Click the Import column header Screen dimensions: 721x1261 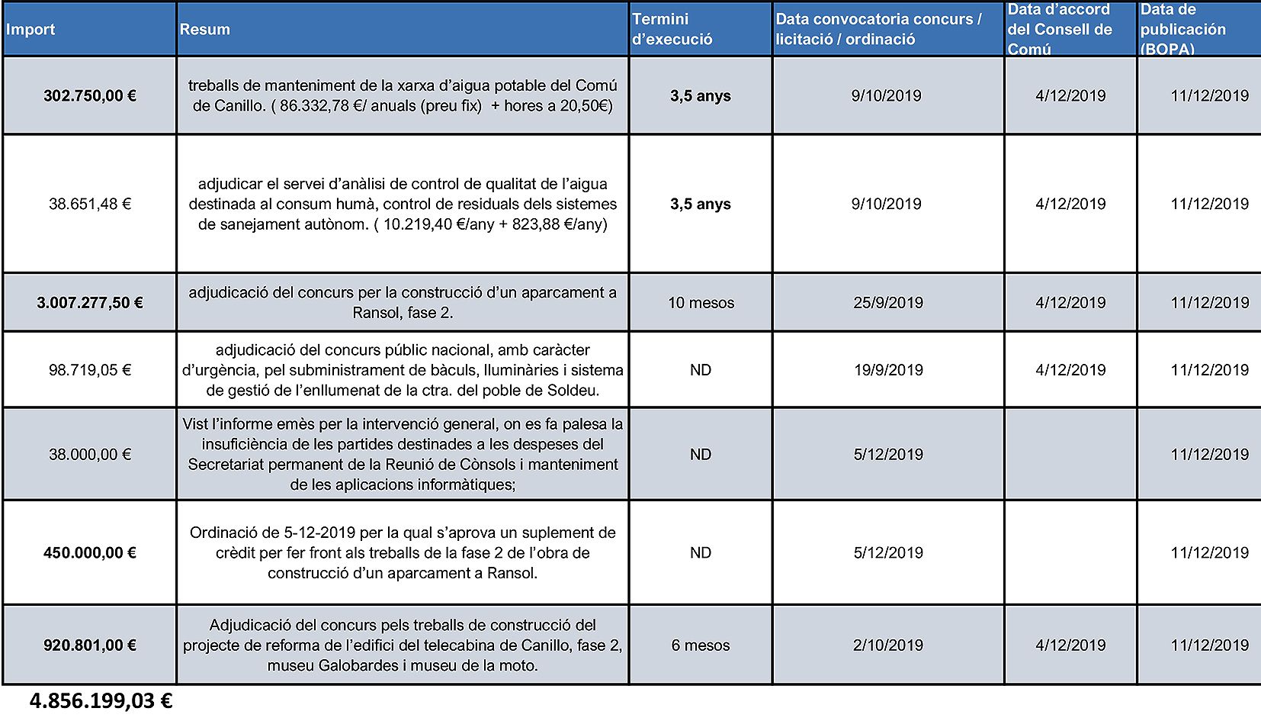coord(30,30)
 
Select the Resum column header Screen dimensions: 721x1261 coord(204,30)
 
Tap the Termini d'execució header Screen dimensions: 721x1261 coord(672,30)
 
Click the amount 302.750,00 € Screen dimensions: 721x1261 coord(90,96)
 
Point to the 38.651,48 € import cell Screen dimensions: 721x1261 coord(90,204)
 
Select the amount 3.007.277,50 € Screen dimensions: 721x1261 coord(90,303)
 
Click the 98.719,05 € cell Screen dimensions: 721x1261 coord(90,370)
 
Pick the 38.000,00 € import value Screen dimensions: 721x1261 coord(90,455)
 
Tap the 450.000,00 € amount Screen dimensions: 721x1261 coord(90,553)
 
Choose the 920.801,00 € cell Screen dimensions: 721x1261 coord(90,645)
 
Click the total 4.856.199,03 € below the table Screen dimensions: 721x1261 coord(101,701)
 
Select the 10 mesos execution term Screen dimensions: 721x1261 coord(701,303)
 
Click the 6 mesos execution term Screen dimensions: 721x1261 coord(701,645)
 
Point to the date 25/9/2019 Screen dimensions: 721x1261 coord(888,303)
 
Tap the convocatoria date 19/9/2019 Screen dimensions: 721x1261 coord(888,370)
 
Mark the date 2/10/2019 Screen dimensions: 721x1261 coord(888,645)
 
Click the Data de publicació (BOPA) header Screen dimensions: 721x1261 coord(1182,30)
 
